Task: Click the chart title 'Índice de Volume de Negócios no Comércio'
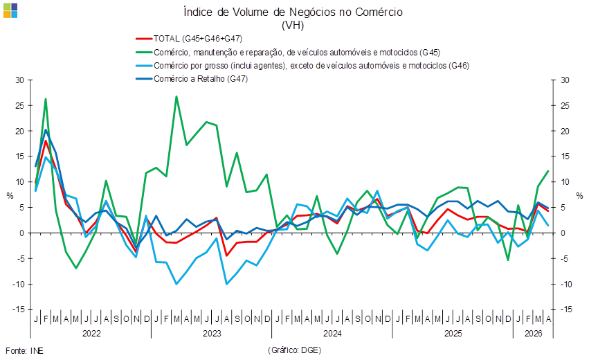(x=293, y=12)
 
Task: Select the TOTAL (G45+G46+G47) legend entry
(x=189, y=39)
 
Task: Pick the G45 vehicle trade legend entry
(x=288, y=52)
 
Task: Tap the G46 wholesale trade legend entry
(x=302, y=66)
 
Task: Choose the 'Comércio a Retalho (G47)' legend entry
(x=192, y=79)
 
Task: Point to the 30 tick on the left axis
(x=19, y=80)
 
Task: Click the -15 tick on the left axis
(x=18, y=309)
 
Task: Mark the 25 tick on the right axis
(x=565, y=106)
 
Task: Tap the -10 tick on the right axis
(x=566, y=284)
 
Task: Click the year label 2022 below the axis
(x=91, y=334)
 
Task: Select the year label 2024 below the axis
(x=332, y=334)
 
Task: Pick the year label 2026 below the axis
(x=534, y=334)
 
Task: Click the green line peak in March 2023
(x=176, y=96)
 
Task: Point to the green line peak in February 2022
(x=46, y=99)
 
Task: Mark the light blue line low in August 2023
(x=226, y=284)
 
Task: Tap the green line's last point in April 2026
(x=548, y=171)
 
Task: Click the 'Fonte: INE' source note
(x=24, y=351)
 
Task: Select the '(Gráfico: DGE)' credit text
(x=295, y=350)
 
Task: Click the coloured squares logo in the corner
(x=10, y=10)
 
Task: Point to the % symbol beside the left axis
(x=10, y=196)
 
